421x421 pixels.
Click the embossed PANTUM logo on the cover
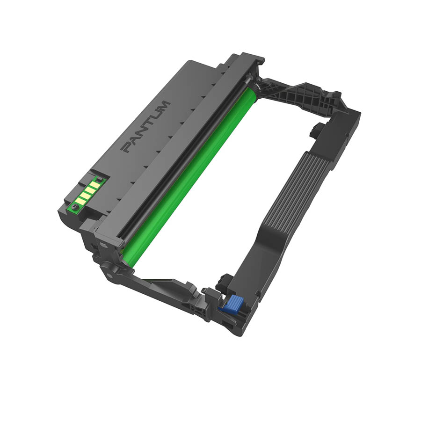(145, 126)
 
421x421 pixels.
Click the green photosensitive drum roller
(187, 173)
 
